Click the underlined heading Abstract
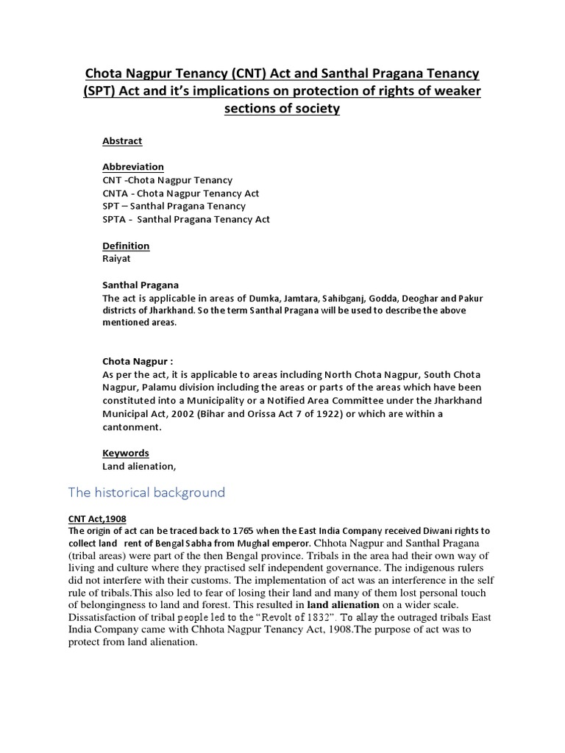[x=122, y=140]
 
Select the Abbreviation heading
[x=133, y=167]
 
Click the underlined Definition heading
[x=126, y=246]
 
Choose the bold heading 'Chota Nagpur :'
[x=138, y=362]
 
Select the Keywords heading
[x=126, y=453]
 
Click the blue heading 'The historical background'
[x=146, y=493]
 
